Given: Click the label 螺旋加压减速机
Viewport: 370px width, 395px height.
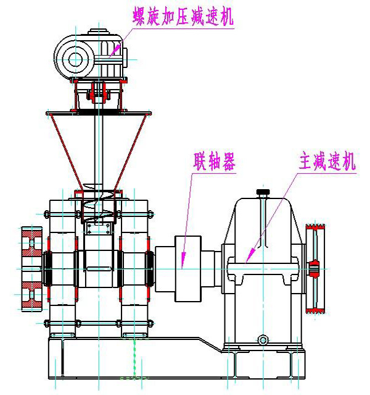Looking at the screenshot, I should pyautogui.click(x=184, y=17).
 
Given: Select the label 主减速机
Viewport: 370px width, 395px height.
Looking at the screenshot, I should pyautogui.click(x=323, y=163).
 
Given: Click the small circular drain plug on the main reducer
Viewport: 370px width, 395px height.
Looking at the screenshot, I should pyautogui.click(x=263, y=339).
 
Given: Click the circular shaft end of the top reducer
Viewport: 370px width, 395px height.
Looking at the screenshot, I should pyautogui.click(x=76, y=59).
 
